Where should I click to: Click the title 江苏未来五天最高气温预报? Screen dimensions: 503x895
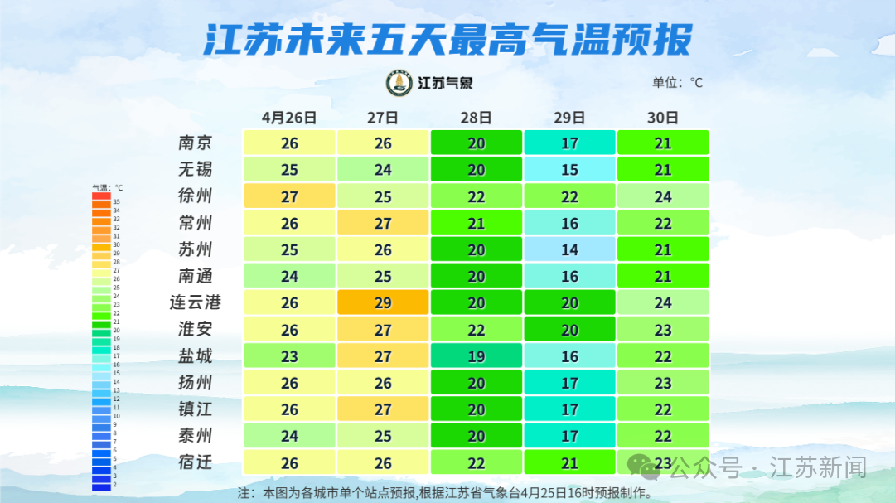click(447, 39)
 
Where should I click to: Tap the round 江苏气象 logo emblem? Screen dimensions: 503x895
click(399, 83)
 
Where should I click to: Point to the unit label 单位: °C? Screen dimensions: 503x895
click(677, 82)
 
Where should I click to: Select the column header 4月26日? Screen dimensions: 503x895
click(289, 117)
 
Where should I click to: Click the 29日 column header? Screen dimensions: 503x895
click(569, 117)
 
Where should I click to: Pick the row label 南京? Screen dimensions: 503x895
click(196, 143)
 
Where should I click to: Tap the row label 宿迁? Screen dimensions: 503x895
click(196, 462)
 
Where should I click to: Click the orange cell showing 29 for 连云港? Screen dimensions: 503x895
click(383, 302)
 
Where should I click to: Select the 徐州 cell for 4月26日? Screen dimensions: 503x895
click(289, 196)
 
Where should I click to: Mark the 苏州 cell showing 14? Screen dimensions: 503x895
click(569, 249)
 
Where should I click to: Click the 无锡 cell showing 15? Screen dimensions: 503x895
click(569, 169)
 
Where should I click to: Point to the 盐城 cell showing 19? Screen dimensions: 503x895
click(477, 355)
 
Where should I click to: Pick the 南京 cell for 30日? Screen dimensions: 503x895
click(663, 143)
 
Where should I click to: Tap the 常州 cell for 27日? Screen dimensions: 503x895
click(383, 223)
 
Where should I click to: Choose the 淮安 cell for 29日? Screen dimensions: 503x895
click(569, 329)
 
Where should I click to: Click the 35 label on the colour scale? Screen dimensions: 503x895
click(117, 202)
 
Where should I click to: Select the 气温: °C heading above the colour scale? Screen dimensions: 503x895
click(107, 187)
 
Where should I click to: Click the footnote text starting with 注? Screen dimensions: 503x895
click(444, 492)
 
